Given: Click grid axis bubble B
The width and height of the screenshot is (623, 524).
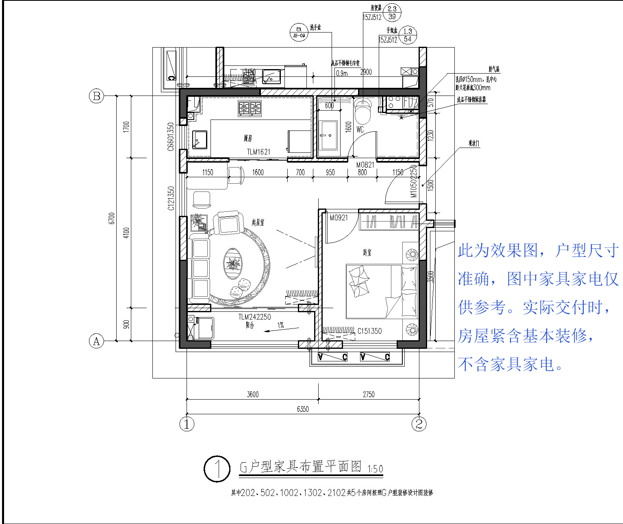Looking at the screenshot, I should point(97,96).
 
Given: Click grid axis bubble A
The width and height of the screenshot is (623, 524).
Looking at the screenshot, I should point(96,341).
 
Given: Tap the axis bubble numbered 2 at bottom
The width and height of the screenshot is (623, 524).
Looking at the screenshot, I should point(419,424).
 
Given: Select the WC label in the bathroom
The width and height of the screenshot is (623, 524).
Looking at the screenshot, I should point(360,130).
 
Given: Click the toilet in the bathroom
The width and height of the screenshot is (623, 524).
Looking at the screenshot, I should point(363,112).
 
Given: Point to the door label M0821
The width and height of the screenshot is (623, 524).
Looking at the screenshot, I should point(365,165).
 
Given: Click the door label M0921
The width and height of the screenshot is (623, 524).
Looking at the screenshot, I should point(339,218).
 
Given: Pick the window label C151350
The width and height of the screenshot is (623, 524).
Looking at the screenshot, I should point(369,331).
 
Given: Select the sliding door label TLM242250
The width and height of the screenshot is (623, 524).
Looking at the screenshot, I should point(254,317).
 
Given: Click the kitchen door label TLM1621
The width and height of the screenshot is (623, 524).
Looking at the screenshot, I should point(258,152).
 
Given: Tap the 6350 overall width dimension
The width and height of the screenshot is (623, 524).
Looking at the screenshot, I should point(303,409).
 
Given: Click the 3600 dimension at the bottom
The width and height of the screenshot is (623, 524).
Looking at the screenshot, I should point(252,394).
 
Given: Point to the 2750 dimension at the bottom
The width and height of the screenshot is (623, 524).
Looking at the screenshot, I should point(369,394).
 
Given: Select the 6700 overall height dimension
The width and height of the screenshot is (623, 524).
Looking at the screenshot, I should point(112,218).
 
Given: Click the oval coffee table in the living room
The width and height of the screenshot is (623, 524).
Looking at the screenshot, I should point(232,264).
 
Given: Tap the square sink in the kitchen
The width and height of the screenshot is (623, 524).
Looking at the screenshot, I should point(200,139).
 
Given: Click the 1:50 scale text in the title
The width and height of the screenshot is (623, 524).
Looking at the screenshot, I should point(375,469).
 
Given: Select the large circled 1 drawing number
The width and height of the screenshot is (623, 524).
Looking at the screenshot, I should point(217,469).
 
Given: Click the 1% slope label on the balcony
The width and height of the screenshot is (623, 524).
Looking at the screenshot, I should point(280,325).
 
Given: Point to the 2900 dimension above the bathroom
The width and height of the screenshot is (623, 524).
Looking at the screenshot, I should point(366,72).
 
